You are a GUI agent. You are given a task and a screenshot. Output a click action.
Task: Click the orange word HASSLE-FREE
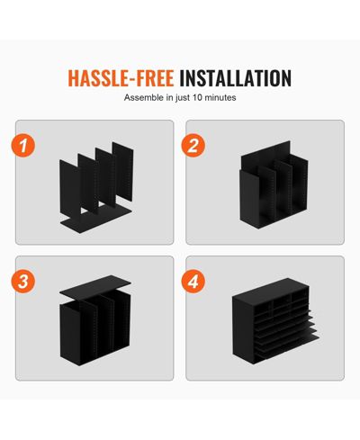tap(121, 78)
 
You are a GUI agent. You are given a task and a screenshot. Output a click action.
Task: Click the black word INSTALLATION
tap(235, 78)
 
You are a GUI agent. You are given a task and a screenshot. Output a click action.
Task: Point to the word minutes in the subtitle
tap(220, 97)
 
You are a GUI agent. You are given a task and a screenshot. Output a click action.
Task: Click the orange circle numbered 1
tap(23, 146)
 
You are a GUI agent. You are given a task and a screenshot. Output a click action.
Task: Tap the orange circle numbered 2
tap(193, 146)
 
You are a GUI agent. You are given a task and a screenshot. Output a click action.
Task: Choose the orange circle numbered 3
tap(23, 282)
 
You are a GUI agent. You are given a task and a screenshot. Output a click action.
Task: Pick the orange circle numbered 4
tap(193, 282)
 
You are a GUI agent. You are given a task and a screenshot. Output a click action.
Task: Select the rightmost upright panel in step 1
tap(122, 172)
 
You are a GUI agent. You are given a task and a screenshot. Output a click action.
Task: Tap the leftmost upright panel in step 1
tap(70, 189)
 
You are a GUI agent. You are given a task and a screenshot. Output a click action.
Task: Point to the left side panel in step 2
tap(249, 198)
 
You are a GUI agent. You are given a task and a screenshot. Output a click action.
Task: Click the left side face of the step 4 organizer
tap(243, 330)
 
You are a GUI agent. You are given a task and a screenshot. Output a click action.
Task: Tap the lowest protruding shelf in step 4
tap(288, 345)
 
